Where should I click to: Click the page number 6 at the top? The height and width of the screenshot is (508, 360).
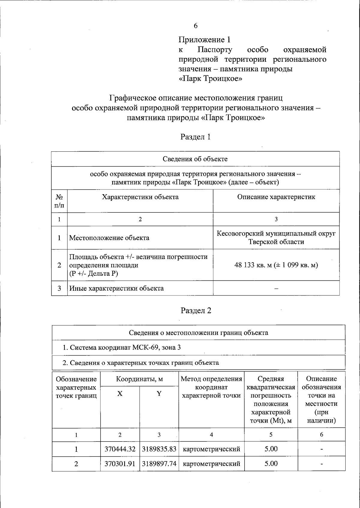click(196, 26)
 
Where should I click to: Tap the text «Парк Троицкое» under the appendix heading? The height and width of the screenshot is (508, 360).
click(210, 79)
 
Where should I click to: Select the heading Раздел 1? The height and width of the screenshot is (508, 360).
click(195, 137)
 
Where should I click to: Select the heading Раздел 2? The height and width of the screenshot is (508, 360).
click(196, 310)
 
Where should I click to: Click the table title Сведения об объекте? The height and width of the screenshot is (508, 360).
click(195, 159)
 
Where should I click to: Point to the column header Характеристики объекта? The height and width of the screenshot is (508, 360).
click(140, 197)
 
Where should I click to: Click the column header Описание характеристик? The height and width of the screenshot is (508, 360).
click(276, 197)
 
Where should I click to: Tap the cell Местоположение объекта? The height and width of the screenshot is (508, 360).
click(109, 238)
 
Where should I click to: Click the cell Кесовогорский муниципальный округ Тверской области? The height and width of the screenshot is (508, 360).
click(276, 237)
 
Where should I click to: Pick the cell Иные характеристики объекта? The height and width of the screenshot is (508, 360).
click(116, 288)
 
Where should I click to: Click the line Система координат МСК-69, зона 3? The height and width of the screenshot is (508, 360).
click(121, 347)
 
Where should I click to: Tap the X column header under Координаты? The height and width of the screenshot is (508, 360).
click(120, 394)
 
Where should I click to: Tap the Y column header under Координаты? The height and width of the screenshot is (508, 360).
click(159, 394)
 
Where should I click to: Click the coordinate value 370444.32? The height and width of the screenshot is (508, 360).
click(120, 449)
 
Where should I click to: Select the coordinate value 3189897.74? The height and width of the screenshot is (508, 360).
click(159, 464)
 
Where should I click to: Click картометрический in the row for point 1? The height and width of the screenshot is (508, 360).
click(211, 449)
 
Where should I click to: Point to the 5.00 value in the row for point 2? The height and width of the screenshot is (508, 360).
click(271, 464)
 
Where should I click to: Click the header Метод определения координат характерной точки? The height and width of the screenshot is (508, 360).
click(211, 387)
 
